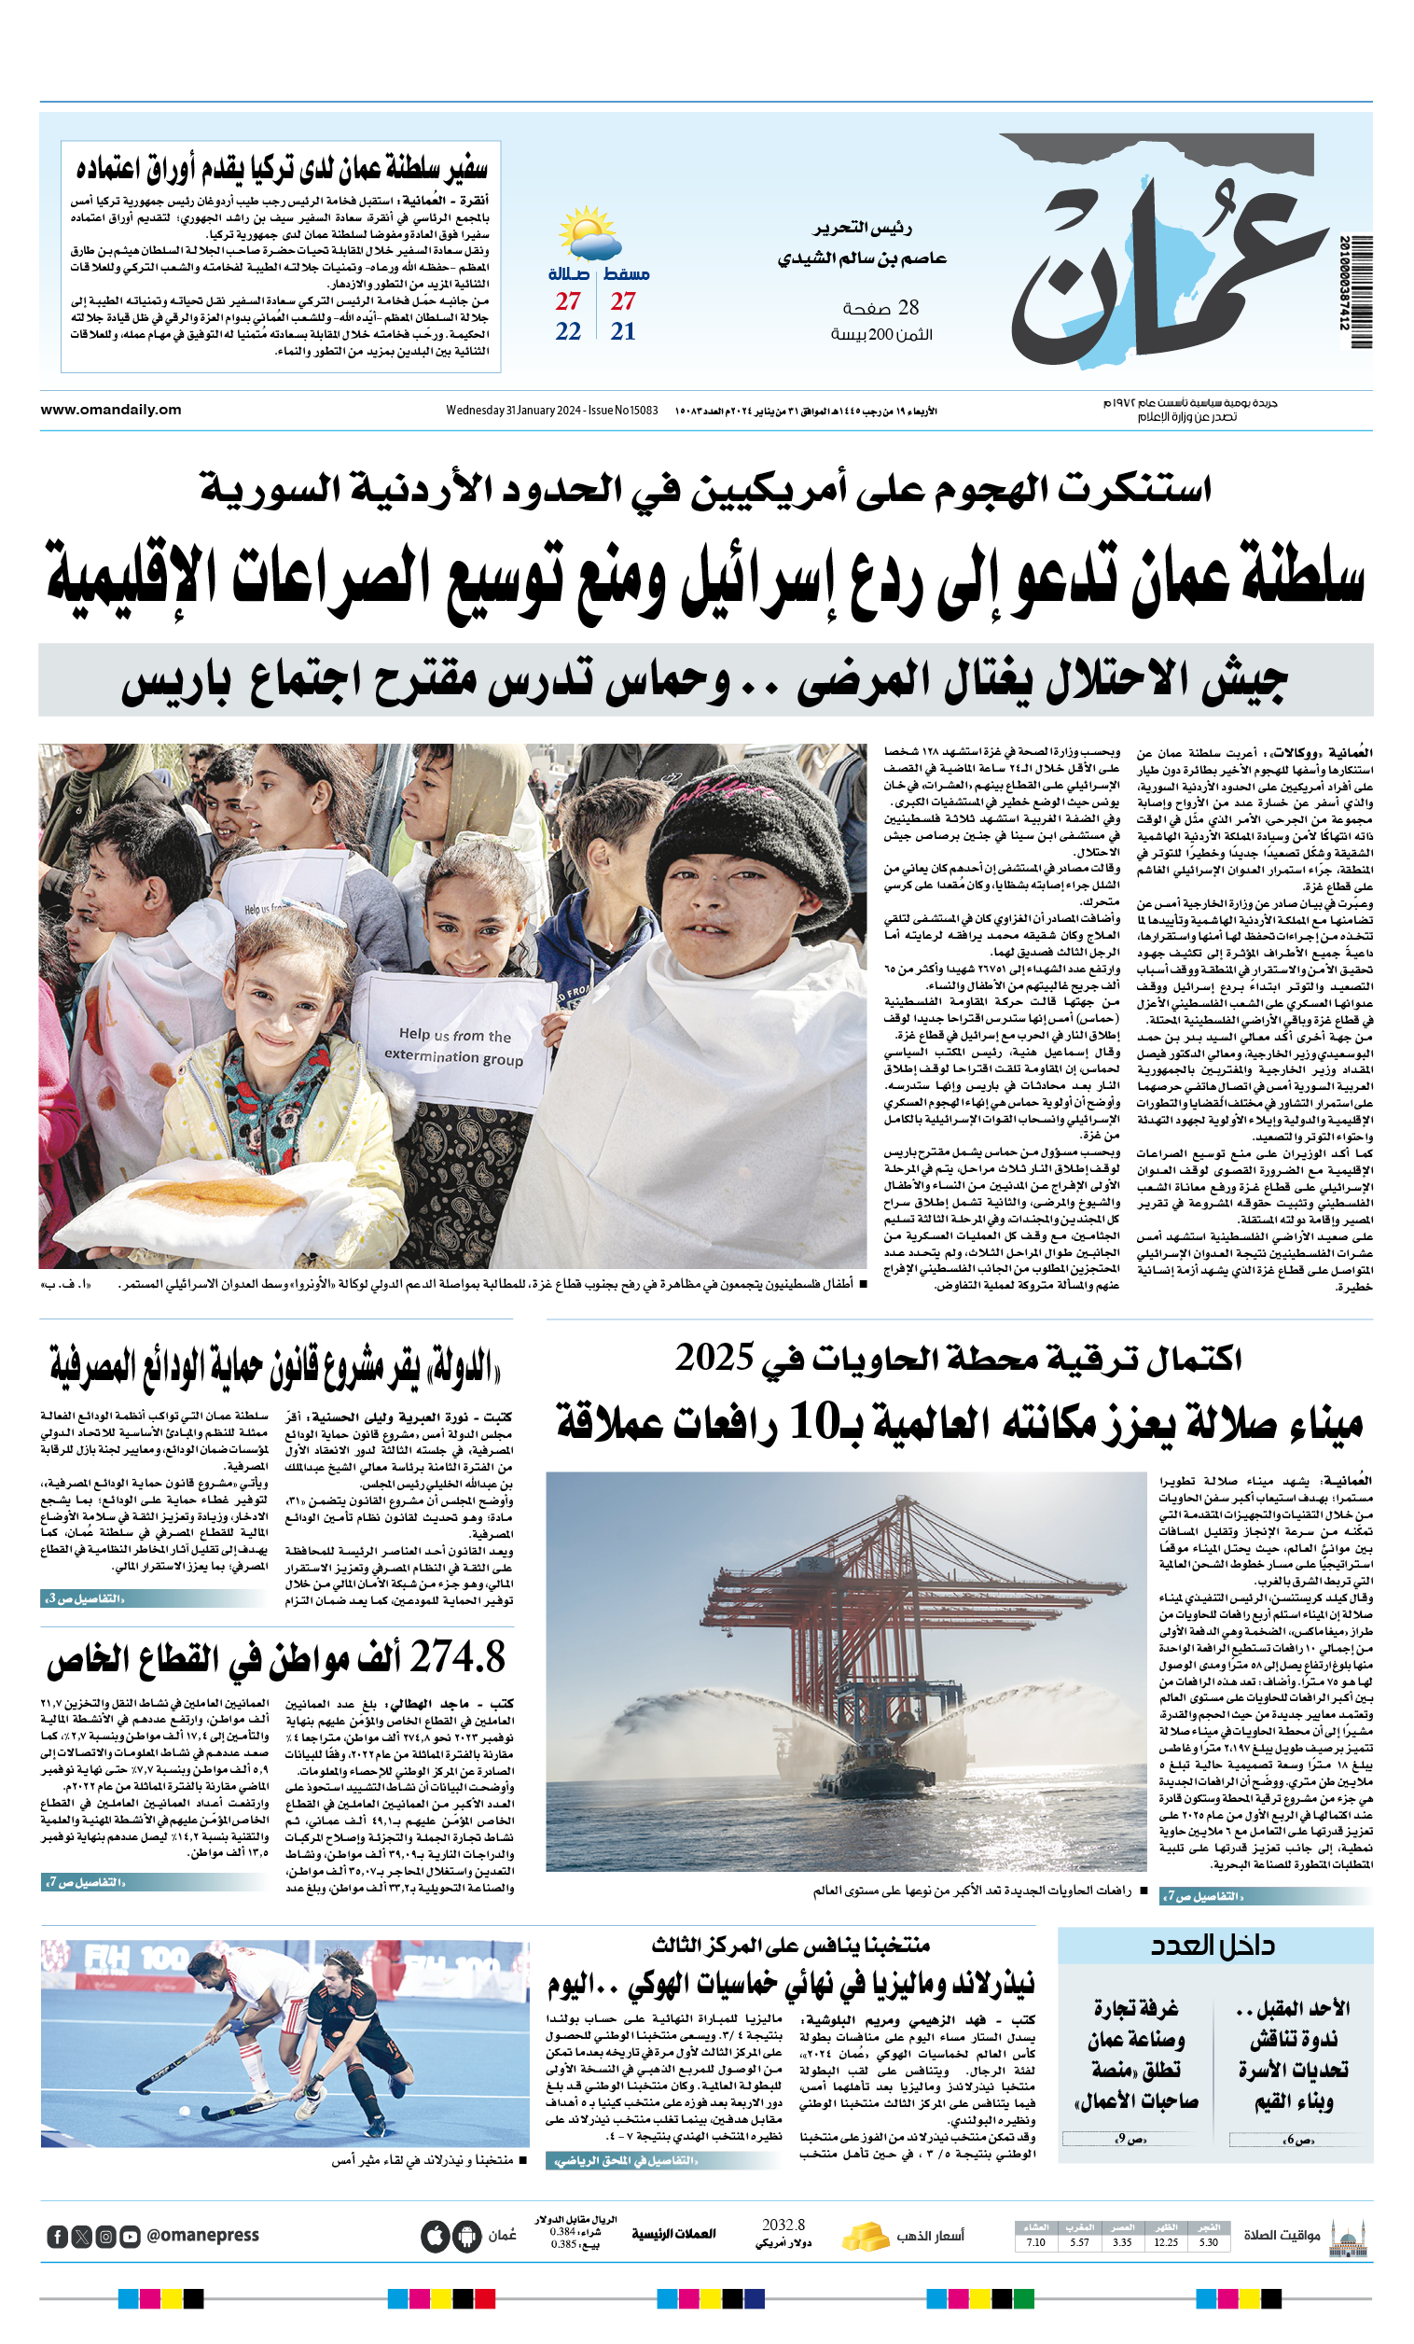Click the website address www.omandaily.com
coord(110,410)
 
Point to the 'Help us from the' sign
coord(454,1035)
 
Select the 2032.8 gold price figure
coord(783,2225)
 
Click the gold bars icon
coord(865,2236)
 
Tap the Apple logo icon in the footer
coord(436,2236)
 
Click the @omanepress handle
coord(202,2236)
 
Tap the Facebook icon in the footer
coord(57,2237)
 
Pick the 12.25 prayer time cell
coord(1166,2242)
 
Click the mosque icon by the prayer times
coord(1349,2236)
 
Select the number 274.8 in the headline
coord(458,1657)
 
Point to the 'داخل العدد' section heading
coord(1213,1946)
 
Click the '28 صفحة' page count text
coord(880,307)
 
